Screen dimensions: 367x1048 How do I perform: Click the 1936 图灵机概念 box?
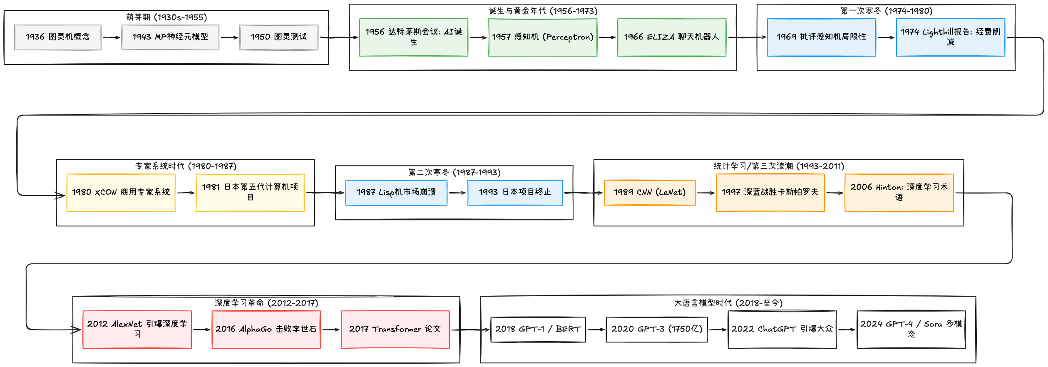(57, 37)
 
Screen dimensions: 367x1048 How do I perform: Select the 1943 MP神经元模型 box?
(170, 37)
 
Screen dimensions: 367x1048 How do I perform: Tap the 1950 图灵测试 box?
(279, 37)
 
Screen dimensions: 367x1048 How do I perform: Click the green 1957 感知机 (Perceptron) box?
(543, 37)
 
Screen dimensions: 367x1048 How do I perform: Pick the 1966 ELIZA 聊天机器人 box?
(671, 37)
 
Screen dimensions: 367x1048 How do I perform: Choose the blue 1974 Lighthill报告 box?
(950, 37)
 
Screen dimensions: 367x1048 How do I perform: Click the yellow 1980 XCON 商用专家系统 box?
(121, 192)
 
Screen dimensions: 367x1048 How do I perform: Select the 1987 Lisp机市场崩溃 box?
(396, 192)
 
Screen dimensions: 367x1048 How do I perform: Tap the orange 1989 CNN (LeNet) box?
(649, 192)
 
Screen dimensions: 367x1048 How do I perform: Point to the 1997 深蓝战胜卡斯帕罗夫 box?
(770, 192)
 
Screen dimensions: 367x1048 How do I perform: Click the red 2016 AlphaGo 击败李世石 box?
(266, 329)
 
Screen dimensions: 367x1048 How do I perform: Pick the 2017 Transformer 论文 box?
(395, 329)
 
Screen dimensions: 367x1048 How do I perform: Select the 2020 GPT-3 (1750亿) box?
(656, 329)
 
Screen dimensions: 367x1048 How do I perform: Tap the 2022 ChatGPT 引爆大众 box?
(782, 329)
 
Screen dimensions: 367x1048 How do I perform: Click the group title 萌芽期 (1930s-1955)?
(166, 17)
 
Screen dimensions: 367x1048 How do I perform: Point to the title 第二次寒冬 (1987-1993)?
(454, 172)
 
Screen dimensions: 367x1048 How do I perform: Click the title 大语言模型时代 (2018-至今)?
(728, 303)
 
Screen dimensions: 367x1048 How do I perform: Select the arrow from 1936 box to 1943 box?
(111, 37)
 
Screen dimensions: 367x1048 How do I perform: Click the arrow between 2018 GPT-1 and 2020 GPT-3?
(596, 330)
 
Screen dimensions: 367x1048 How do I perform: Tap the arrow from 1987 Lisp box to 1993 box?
(457, 193)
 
